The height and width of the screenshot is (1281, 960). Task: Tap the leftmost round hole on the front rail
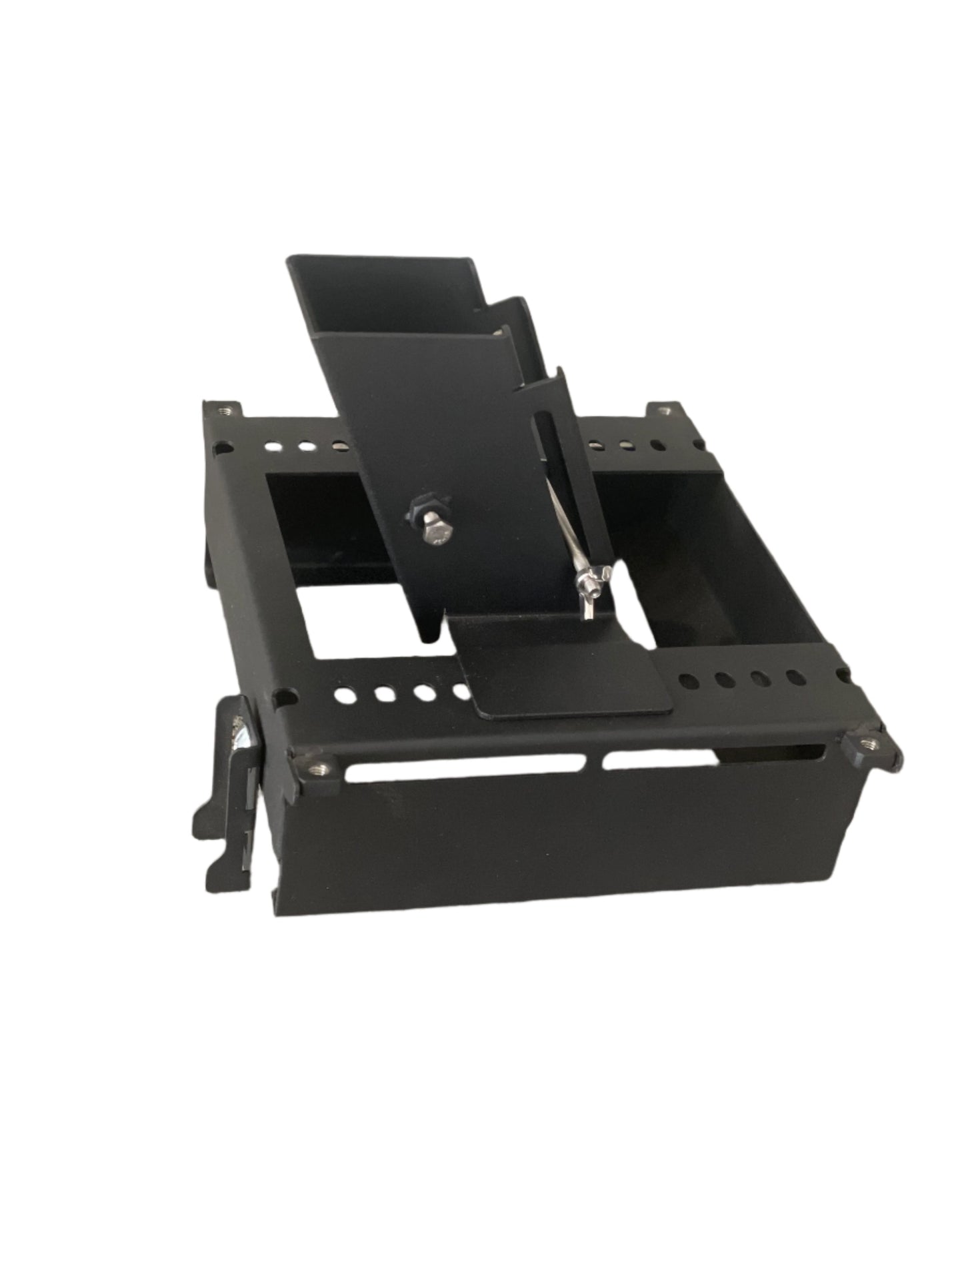click(346, 695)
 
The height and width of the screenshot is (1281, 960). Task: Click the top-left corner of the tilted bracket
click(291, 259)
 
